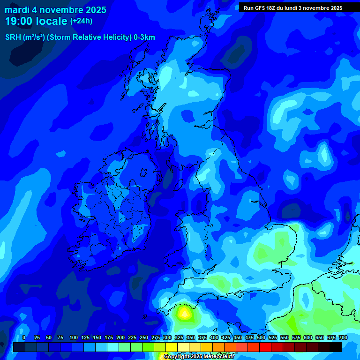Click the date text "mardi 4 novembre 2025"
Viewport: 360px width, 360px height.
(x=55, y=10)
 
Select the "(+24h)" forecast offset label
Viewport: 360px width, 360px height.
(x=81, y=21)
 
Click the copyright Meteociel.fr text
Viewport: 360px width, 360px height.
(x=199, y=357)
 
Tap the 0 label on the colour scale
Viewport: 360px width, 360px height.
(x=24, y=337)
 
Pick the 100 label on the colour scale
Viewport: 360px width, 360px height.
(x=73, y=337)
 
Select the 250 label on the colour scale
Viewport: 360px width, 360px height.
(x=143, y=337)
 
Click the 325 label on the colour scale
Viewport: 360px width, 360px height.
(x=179, y=337)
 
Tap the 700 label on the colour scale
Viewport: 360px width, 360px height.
(x=343, y=337)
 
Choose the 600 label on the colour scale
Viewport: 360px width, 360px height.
(x=307, y=337)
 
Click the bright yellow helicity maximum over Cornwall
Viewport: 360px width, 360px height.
(x=184, y=313)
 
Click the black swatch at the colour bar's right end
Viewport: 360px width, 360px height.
(x=336, y=347)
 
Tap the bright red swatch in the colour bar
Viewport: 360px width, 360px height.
(x=265, y=347)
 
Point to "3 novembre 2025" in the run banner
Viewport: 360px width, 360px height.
(x=320, y=8)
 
